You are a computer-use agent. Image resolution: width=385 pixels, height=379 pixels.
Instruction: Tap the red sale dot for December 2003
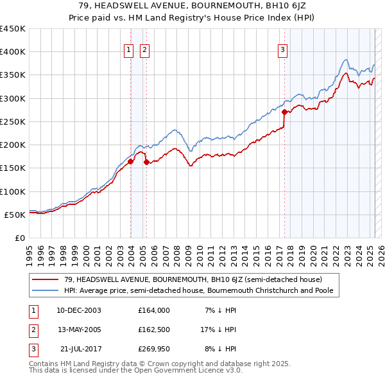click(130, 162)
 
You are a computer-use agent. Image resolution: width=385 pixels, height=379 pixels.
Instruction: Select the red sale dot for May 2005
click(146, 163)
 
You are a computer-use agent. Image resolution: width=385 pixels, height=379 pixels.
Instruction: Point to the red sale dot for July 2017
click(284, 112)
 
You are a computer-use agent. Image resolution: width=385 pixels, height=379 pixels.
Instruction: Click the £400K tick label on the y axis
click(13, 52)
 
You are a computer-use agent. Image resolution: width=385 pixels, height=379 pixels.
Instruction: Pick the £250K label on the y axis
click(13, 121)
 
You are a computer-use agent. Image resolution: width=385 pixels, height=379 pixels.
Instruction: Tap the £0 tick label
click(21, 238)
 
